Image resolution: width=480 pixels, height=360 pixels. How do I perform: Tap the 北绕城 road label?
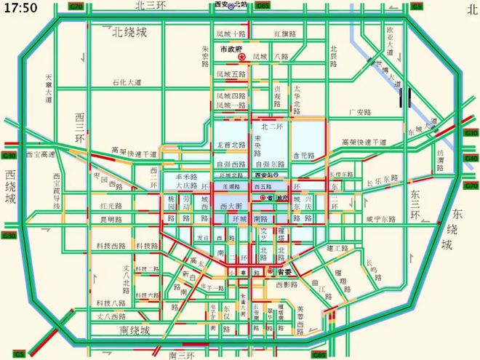(x=129, y=32)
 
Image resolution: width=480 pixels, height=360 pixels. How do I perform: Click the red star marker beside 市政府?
(x=243, y=57)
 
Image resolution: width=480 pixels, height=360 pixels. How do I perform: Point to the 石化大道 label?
(x=127, y=82)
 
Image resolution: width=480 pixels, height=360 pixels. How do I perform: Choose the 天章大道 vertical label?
(x=49, y=88)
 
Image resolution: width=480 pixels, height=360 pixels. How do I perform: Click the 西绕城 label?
(x=9, y=188)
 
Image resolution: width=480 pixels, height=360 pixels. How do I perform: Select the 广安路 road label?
(x=359, y=113)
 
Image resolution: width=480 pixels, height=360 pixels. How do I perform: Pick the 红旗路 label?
(x=285, y=34)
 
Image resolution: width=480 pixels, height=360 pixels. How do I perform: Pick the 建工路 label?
(x=338, y=248)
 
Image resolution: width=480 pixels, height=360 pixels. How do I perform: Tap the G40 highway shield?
(x=471, y=159)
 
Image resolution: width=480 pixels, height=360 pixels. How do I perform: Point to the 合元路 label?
(x=303, y=156)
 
